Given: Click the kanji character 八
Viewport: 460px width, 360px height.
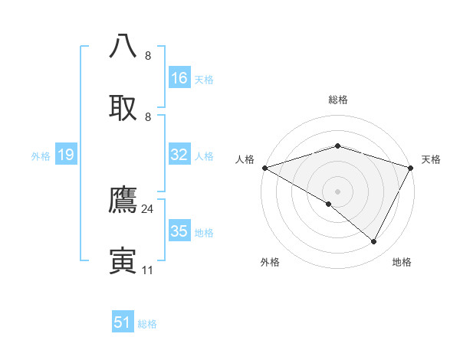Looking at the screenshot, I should pos(123,46).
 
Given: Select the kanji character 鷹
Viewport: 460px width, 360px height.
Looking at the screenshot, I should pos(123,200).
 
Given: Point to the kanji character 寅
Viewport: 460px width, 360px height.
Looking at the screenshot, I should pos(123,260).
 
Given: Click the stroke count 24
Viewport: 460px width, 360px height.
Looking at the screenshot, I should pos(147,208).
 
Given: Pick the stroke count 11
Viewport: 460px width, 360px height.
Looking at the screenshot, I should pos(147,270).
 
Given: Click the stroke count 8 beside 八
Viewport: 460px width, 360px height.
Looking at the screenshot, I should pos(148,56).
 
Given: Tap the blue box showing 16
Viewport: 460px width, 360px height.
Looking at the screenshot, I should pos(179,78).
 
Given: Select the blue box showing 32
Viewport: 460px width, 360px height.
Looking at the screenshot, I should pos(179,155).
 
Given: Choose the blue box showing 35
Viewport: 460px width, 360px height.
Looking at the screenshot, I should pos(179,231).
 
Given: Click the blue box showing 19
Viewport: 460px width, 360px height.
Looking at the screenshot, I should pos(66,155).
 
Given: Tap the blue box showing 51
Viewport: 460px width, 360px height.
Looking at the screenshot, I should pos(123,322).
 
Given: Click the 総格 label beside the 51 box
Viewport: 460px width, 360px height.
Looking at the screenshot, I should pos(147,324).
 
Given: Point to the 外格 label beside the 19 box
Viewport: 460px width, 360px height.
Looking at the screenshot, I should pos(41,156).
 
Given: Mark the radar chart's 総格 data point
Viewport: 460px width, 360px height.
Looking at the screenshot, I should pos(337,146).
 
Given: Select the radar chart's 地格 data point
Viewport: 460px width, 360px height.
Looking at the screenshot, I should pos(374,242).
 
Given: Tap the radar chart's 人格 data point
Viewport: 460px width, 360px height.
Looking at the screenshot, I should pos(264,167).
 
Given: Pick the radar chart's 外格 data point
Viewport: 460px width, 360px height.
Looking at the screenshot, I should pos(329,204).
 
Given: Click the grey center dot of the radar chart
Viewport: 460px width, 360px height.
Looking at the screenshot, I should pos(337,191).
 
